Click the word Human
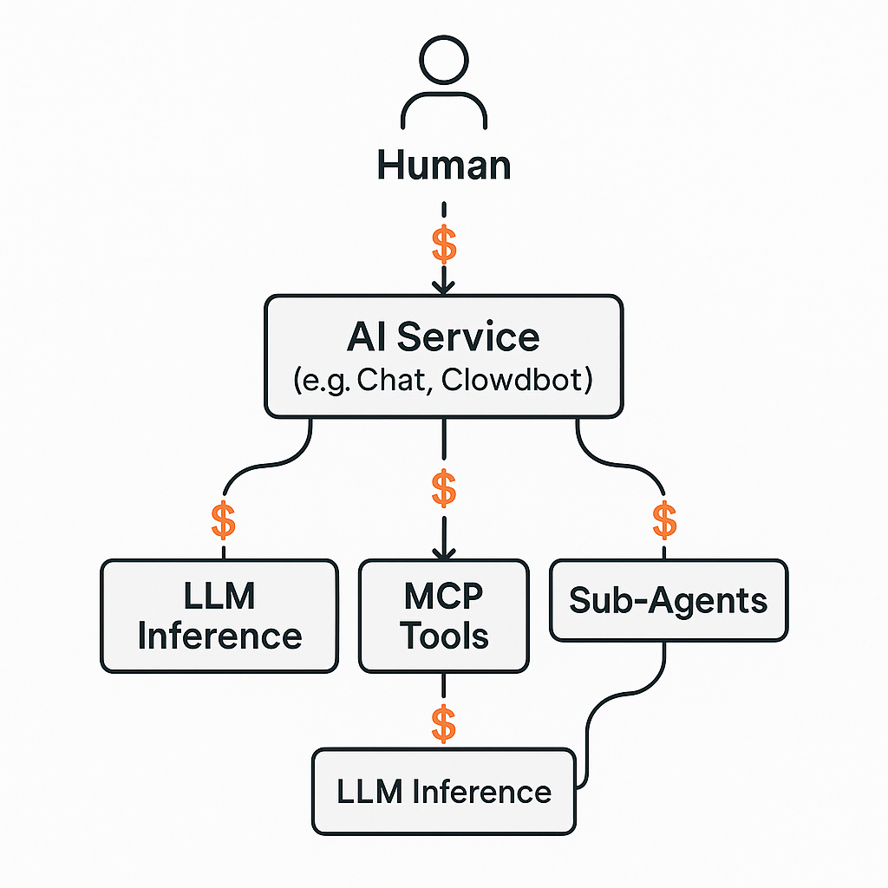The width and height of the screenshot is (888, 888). (443, 164)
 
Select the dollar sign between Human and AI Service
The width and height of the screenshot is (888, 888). (444, 246)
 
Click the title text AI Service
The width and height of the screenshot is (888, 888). (443, 336)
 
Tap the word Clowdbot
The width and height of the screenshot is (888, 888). (517, 381)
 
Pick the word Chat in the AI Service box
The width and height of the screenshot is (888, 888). (396, 381)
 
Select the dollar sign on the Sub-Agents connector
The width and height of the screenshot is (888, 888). (664, 520)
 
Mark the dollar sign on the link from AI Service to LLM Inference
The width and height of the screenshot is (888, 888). (224, 520)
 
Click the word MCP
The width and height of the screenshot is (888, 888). (443, 597)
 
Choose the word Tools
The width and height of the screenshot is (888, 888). (443, 637)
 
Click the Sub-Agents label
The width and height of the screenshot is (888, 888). (669, 600)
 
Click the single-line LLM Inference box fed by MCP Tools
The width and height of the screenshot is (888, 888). (443, 792)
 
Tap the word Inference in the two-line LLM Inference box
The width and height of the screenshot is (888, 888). (219, 637)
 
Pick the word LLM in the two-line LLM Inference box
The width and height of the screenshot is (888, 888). (219, 597)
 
